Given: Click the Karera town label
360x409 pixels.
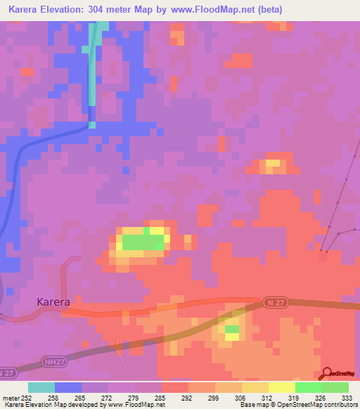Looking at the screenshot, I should pyautogui.click(x=53, y=302).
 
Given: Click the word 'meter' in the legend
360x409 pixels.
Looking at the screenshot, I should pyautogui.click(x=10, y=397).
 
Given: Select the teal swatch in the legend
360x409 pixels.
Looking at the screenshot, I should pyautogui.click(x=41, y=387).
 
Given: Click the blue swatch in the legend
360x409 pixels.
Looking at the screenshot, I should pyautogui.click(x=68, y=387).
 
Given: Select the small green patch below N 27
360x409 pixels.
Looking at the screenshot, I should pyautogui.click(x=231, y=329).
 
